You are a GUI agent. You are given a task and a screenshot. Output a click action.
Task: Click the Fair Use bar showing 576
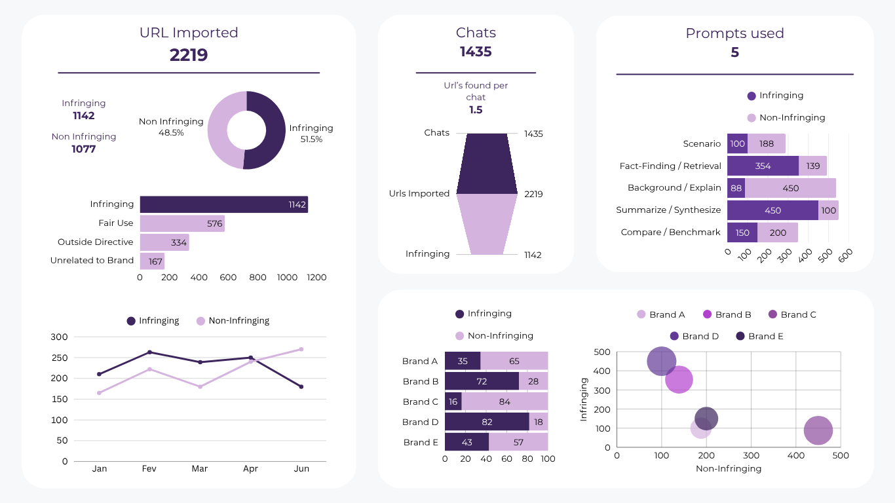pos(182,223)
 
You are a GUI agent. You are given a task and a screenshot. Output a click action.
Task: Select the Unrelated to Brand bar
pos(152,261)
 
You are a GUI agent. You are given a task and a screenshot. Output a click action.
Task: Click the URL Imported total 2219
pos(189,55)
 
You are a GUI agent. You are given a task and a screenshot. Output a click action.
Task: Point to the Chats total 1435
pos(476,52)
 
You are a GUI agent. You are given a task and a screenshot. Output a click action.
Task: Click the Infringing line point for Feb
pos(149,352)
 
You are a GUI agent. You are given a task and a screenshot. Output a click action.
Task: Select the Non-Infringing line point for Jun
pos(301,349)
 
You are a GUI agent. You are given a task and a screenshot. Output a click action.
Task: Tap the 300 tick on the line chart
pos(60,337)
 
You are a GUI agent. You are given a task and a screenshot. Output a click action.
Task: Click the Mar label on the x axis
pos(200,469)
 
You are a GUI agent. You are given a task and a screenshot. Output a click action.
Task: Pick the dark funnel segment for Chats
pos(487,164)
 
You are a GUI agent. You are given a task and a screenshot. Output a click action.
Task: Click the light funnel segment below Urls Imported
pos(487,224)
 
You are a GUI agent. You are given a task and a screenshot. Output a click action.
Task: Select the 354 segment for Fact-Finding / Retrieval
pos(763,166)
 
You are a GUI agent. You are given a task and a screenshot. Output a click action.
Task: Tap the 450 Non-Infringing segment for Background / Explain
pos(790,188)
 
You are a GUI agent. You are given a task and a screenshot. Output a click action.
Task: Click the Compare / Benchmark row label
pos(670,233)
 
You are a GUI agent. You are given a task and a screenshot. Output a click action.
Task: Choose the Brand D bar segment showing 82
pos(487,422)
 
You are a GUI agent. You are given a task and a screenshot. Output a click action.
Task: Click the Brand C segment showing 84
pos(505,401)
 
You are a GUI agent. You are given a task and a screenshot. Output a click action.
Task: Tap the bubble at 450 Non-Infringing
pos(818,430)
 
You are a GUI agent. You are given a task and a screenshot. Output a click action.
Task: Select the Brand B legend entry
pos(727,315)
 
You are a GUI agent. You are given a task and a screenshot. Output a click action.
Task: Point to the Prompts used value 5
pos(734,52)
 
